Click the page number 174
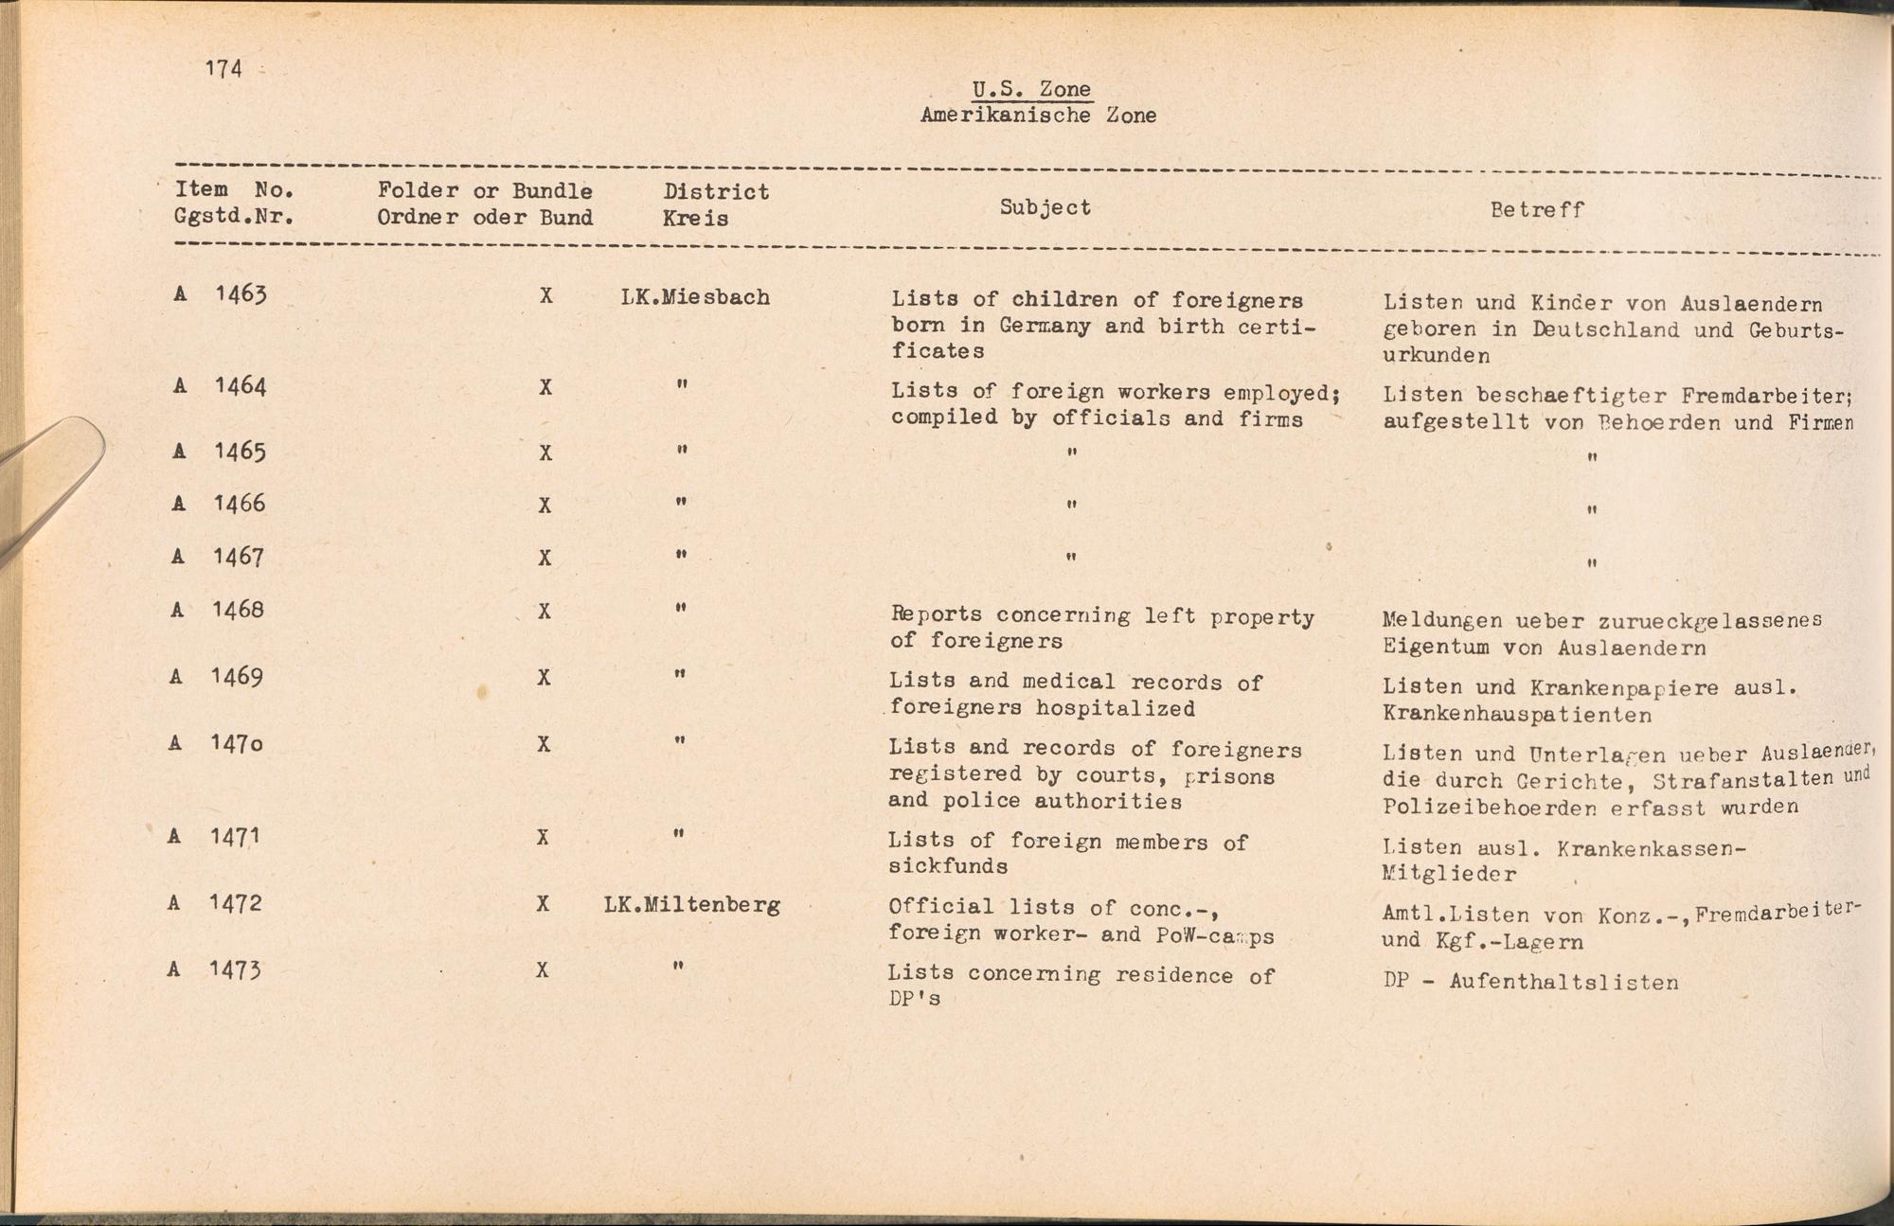(x=223, y=68)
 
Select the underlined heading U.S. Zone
(x=1031, y=89)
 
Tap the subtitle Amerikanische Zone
(x=1038, y=115)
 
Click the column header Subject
(x=1045, y=207)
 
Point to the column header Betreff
(x=1537, y=209)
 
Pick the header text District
(x=716, y=192)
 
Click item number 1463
(x=241, y=293)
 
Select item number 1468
(x=238, y=609)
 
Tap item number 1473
(x=235, y=969)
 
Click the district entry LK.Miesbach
(x=695, y=297)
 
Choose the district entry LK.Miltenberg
(x=691, y=905)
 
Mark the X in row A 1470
(x=544, y=745)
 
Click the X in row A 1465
(x=545, y=453)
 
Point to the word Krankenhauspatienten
(x=1517, y=715)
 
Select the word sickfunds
(x=947, y=866)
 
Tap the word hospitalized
(x=1115, y=708)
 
